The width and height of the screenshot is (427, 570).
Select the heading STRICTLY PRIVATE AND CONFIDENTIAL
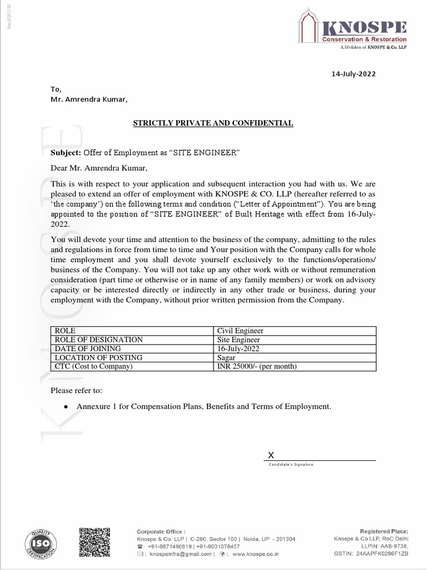tap(213, 122)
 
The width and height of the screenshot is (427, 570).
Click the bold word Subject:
tap(66, 153)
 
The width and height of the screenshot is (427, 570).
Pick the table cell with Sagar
tap(226, 357)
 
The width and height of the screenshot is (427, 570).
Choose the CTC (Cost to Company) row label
tap(94, 366)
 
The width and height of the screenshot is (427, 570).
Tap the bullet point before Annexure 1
tap(66, 407)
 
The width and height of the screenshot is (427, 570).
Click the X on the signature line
tap(271, 455)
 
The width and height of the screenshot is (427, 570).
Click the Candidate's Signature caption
tap(291, 464)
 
